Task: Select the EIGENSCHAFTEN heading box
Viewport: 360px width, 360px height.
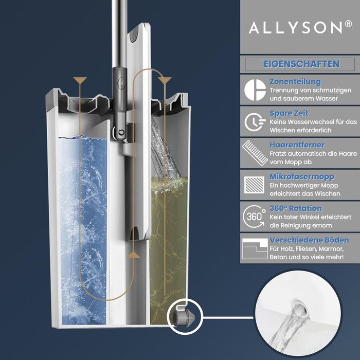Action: (x=301, y=64)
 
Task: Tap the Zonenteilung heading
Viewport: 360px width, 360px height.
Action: (x=295, y=82)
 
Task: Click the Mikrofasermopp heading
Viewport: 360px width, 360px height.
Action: (x=302, y=177)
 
